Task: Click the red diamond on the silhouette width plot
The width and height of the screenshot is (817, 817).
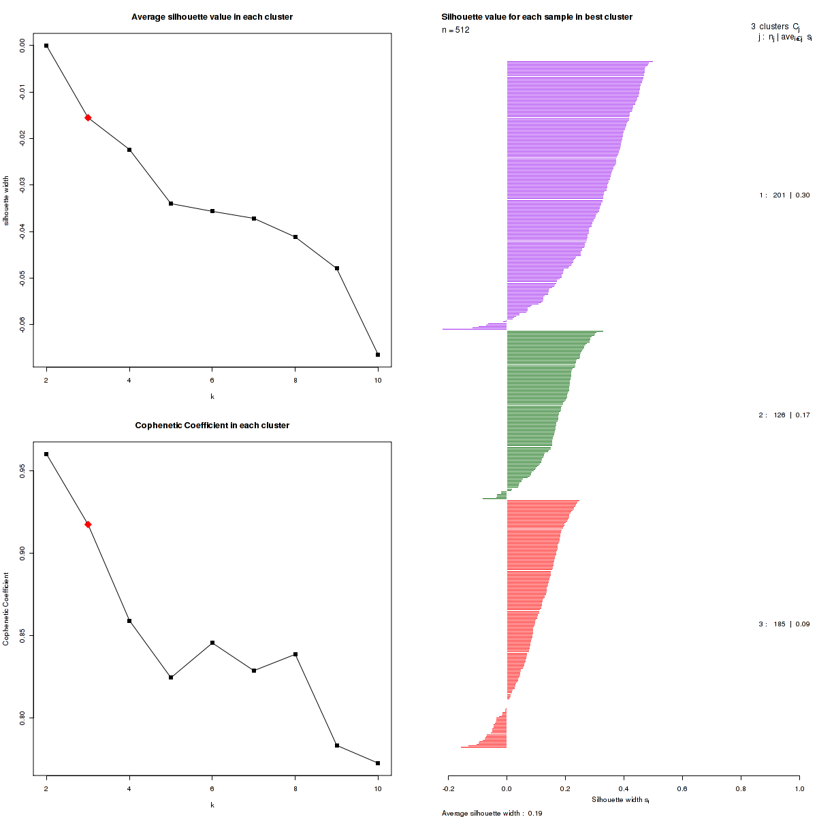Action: tap(88, 118)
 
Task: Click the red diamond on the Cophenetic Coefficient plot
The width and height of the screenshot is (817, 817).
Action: tap(88, 524)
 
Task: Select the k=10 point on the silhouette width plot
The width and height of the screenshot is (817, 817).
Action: tap(378, 355)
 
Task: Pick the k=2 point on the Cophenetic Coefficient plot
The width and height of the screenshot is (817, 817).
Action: tap(46, 454)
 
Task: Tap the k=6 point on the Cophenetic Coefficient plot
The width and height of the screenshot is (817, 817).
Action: tap(212, 643)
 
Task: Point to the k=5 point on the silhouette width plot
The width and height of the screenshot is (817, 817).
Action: tap(171, 204)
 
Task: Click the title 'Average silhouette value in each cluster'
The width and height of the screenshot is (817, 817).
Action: tap(212, 17)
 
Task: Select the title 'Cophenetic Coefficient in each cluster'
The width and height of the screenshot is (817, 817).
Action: tap(212, 426)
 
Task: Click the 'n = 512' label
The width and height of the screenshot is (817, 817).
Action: tap(455, 30)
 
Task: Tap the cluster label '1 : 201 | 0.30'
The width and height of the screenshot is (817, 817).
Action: tap(784, 195)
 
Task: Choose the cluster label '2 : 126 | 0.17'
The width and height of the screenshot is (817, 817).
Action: tap(784, 415)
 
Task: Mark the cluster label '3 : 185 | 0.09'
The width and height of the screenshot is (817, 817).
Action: tap(784, 624)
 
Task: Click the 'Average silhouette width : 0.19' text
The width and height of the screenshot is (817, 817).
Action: tap(492, 813)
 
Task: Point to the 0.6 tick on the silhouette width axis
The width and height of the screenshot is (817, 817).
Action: tap(682, 788)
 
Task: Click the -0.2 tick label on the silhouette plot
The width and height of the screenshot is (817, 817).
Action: tap(449, 788)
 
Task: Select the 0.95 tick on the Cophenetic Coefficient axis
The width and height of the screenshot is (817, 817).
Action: tap(23, 470)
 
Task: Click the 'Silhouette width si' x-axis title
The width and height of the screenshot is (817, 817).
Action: tap(620, 800)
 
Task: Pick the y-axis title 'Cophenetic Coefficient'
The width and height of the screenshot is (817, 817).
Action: tap(6, 609)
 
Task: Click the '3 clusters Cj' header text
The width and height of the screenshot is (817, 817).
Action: tap(775, 27)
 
